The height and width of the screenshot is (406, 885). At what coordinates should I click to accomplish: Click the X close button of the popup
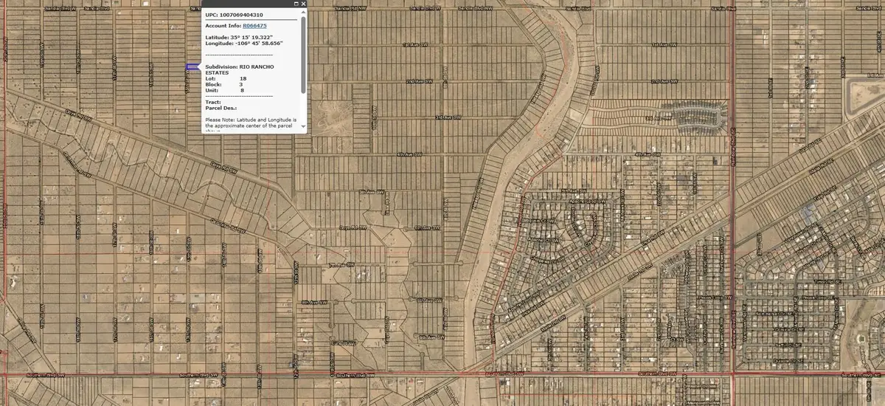tap(303, 4)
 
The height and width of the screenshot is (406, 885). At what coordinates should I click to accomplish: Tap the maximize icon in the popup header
tap(296, 4)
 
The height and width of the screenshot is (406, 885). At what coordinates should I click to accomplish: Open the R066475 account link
tap(254, 26)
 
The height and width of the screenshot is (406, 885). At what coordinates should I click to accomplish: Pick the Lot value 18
tap(243, 78)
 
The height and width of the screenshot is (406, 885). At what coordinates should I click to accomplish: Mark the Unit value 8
tap(241, 90)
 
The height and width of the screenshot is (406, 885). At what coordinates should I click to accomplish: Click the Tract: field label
tap(213, 101)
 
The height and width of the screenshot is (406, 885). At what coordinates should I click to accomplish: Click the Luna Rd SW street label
tap(343, 343)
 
